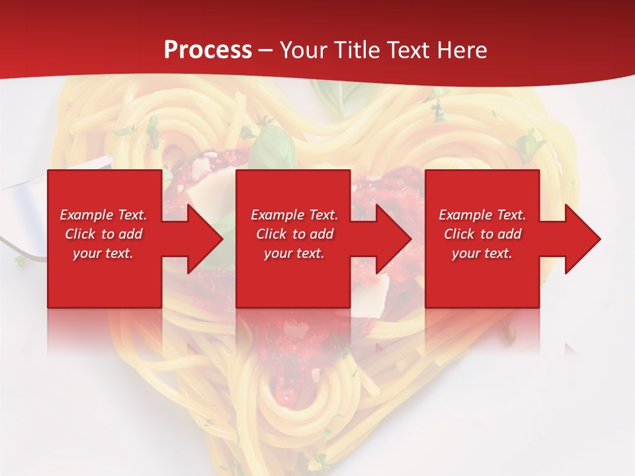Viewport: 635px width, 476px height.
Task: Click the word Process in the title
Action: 208,50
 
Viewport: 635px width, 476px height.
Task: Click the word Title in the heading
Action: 357,50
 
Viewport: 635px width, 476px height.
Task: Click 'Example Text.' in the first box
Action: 103,215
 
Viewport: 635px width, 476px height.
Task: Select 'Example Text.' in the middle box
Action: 294,215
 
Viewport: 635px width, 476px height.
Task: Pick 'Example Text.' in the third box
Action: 482,215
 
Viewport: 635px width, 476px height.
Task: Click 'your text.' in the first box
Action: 103,253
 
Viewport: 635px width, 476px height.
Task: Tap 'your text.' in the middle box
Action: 294,253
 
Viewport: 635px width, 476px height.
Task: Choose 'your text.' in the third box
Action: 482,253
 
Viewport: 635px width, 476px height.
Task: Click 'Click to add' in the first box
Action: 103,234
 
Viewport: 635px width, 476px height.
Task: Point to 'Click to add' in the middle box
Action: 294,234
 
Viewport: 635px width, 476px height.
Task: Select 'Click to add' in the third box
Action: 482,234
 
